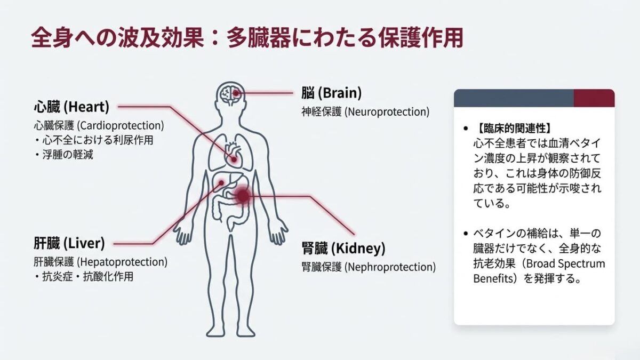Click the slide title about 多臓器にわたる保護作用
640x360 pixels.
coord(246,38)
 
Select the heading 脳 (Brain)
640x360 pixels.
coord(331,93)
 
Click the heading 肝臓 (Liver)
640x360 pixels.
coord(69,244)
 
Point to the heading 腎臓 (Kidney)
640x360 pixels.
coord(343,248)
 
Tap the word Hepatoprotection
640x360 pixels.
coord(122,262)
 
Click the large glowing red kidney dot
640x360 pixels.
coord(243,196)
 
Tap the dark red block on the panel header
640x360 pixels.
coord(594,98)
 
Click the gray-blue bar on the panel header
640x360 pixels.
coord(513,98)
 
